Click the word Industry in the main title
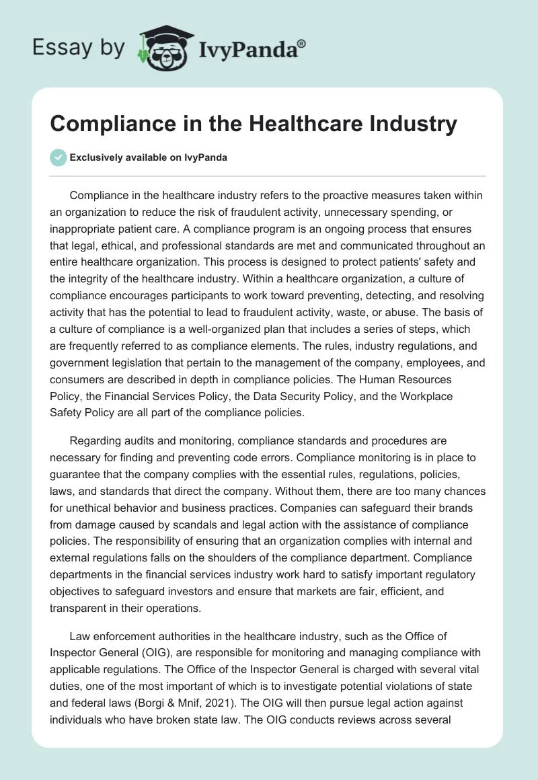coord(415,124)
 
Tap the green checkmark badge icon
coord(59,157)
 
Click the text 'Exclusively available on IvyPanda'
coord(149,157)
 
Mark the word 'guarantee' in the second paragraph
coord(80,475)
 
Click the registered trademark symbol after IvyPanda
coord(301,43)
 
